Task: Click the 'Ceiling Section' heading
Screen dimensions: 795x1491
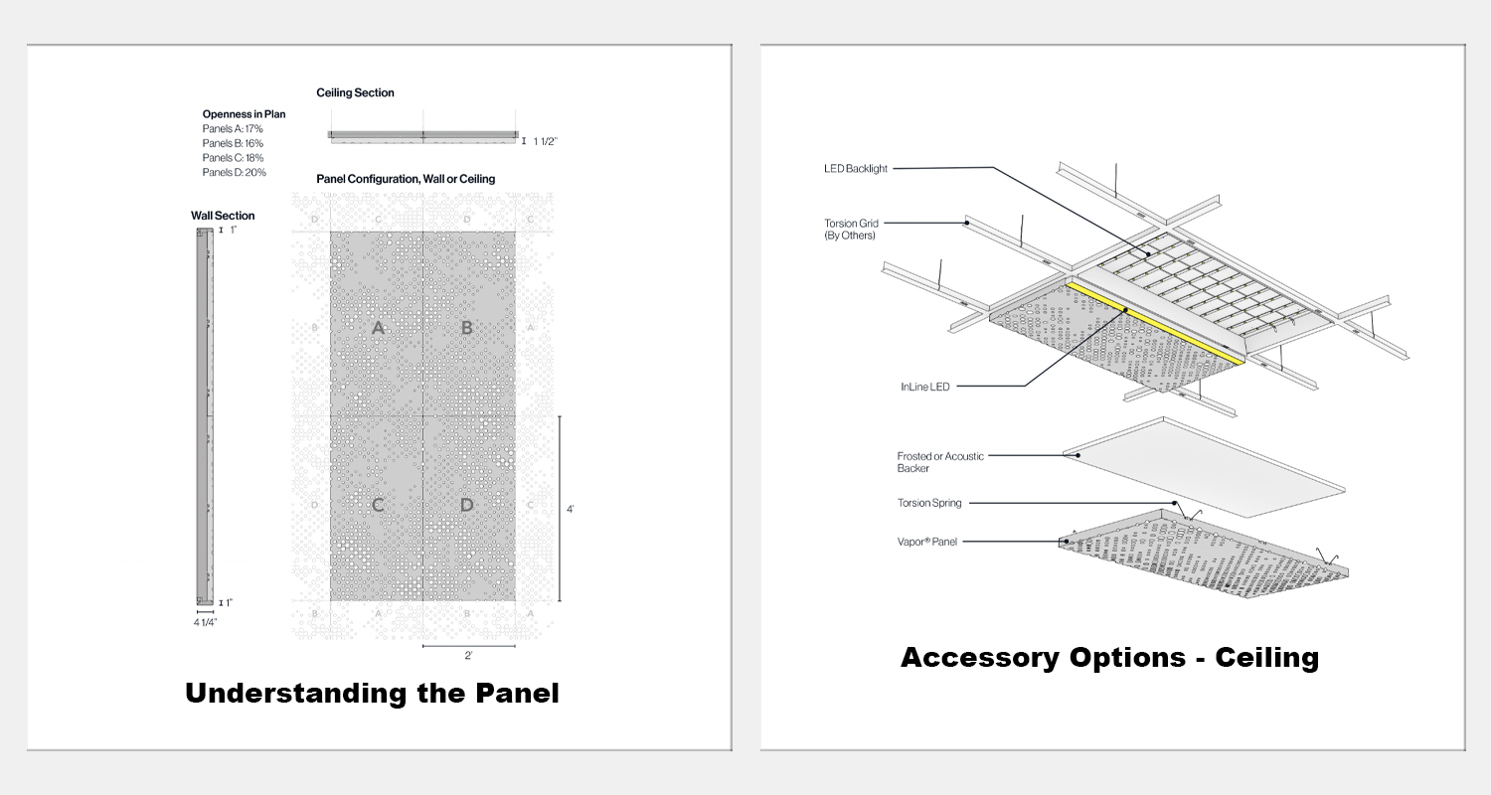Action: pyautogui.click(x=355, y=92)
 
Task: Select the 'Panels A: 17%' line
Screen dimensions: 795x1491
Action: pyautogui.click(x=233, y=128)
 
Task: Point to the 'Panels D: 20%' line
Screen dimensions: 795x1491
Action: pyautogui.click(x=234, y=172)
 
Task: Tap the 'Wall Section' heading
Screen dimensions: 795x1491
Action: pyautogui.click(x=223, y=216)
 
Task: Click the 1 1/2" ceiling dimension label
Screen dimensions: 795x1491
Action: pyautogui.click(x=546, y=141)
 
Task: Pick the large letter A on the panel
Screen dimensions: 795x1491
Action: pyautogui.click(x=378, y=327)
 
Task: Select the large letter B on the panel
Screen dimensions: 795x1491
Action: pyautogui.click(x=467, y=327)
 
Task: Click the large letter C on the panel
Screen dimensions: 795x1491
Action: pyautogui.click(x=378, y=505)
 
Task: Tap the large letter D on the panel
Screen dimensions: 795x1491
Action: pyautogui.click(x=467, y=505)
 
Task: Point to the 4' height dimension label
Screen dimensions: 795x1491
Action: pyautogui.click(x=570, y=509)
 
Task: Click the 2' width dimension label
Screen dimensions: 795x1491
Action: pyautogui.click(x=468, y=656)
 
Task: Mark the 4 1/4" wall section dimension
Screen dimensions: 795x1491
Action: pyautogui.click(x=205, y=622)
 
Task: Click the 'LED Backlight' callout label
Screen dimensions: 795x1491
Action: pyautogui.click(x=856, y=169)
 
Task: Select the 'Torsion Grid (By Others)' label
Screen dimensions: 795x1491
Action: pyautogui.click(x=852, y=230)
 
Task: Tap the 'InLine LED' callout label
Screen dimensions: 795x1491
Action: pyautogui.click(x=925, y=386)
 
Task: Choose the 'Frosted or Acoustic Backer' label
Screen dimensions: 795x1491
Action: pyautogui.click(x=940, y=461)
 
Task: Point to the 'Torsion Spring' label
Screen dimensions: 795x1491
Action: pyautogui.click(x=929, y=503)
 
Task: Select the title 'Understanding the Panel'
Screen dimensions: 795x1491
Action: pyautogui.click(x=372, y=693)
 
